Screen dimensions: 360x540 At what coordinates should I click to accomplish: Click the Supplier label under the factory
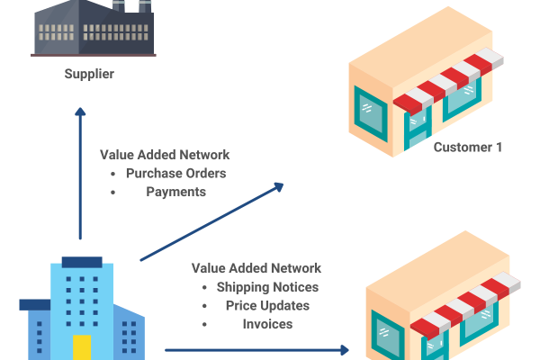89,74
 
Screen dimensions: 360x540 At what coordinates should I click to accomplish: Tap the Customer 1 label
468,147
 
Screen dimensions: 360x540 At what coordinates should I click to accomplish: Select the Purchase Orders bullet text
175,173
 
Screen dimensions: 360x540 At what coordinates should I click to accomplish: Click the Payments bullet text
175,192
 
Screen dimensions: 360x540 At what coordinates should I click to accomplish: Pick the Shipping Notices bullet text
267,287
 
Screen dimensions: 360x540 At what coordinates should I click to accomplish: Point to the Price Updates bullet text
267,305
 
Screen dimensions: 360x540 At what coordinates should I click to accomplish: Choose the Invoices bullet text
267,323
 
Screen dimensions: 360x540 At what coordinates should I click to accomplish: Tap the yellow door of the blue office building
82,346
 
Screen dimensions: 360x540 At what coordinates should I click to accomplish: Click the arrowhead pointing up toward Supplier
80,112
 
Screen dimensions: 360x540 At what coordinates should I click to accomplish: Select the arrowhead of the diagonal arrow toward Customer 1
279,186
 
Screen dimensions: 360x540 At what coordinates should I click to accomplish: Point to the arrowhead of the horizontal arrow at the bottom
346,349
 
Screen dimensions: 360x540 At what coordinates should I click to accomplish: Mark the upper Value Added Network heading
165,154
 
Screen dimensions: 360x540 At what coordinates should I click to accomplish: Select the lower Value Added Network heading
256,268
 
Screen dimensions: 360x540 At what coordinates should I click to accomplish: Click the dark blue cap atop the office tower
81,262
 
